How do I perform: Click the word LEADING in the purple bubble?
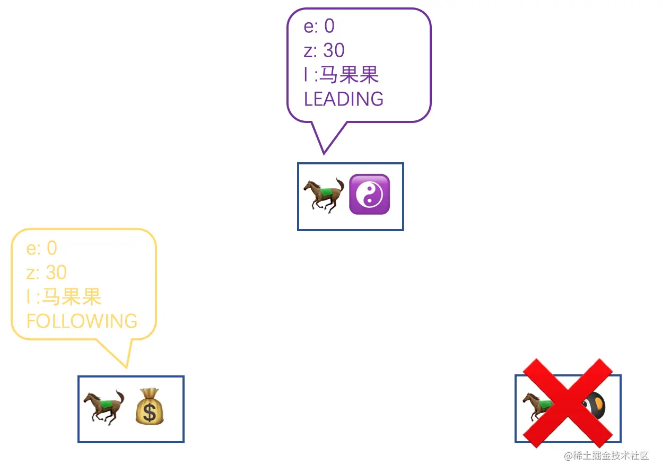[x=343, y=99]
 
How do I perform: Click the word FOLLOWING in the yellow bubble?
[x=82, y=321]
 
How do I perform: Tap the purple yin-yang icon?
[x=369, y=195]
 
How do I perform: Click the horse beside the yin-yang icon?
[x=324, y=195]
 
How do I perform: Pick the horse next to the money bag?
[x=103, y=407]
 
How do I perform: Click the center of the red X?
[x=568, y=402]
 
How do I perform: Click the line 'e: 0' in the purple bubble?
[x=319, y=26]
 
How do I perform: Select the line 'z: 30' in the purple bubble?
[x=324, y=50]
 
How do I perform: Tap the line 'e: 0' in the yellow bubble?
[x=41, y=248]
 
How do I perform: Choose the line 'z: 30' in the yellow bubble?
[x=47, y=273]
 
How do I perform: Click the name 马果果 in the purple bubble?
[x=349, y=75]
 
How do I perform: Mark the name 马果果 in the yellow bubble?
[x=72, y=297]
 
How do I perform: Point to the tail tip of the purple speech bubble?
[x=323, y=153]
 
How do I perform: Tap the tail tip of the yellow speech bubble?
[x=127, y=366]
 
